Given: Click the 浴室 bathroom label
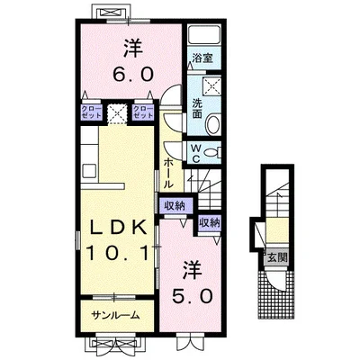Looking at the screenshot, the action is coord(202,58).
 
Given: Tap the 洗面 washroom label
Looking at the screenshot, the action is coord(197,108).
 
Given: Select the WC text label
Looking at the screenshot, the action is coord(196,154).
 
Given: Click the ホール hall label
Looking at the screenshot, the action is coord(168,174).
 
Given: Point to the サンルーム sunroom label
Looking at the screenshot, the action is coord(115,315).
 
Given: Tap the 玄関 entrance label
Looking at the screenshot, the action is coord(277,257).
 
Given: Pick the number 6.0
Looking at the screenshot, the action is coord(132,74).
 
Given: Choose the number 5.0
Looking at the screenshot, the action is coord(192,296).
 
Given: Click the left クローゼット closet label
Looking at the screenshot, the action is coord(92,112).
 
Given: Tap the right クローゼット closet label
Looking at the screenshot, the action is coord(143,112).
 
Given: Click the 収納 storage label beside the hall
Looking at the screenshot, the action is coord(175,206).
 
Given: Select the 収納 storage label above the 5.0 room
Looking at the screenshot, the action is coord(210,223).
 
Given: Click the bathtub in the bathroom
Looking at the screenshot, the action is coord(204,35).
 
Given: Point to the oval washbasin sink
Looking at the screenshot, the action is coord(213,123).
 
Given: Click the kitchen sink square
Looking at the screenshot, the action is coord(89,171).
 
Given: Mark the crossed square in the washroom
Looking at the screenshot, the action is coord(211,85).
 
